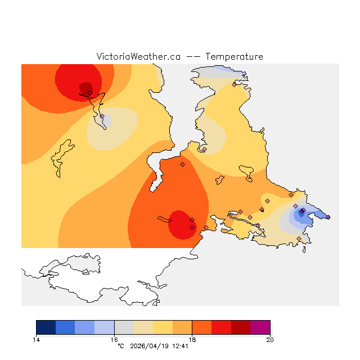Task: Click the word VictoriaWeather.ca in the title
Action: [x=138, y=57]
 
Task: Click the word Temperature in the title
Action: [x=234, y=57]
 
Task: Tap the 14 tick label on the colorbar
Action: [x=37, y=339]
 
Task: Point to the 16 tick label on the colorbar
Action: [x=114, y=339]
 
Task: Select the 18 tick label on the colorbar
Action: [x=192, y=339]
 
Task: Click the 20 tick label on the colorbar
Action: [x=270, y=339]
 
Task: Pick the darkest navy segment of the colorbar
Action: [x=46, y=327]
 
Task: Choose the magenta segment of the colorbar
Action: [x=260, y=327]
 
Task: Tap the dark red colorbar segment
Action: [x=241, y=327]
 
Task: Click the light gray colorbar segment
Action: [x=124, y=327]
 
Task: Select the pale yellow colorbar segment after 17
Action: [x=163, y=327]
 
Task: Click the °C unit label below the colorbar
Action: [x=120, y=346]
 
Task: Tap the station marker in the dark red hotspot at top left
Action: [x=89, y=93]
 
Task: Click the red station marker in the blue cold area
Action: [x=304, y=210]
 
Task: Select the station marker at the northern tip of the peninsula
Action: [x=234, y=84]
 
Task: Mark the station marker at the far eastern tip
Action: [x=328, y=217]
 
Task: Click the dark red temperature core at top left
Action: [x=85, y=87]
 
